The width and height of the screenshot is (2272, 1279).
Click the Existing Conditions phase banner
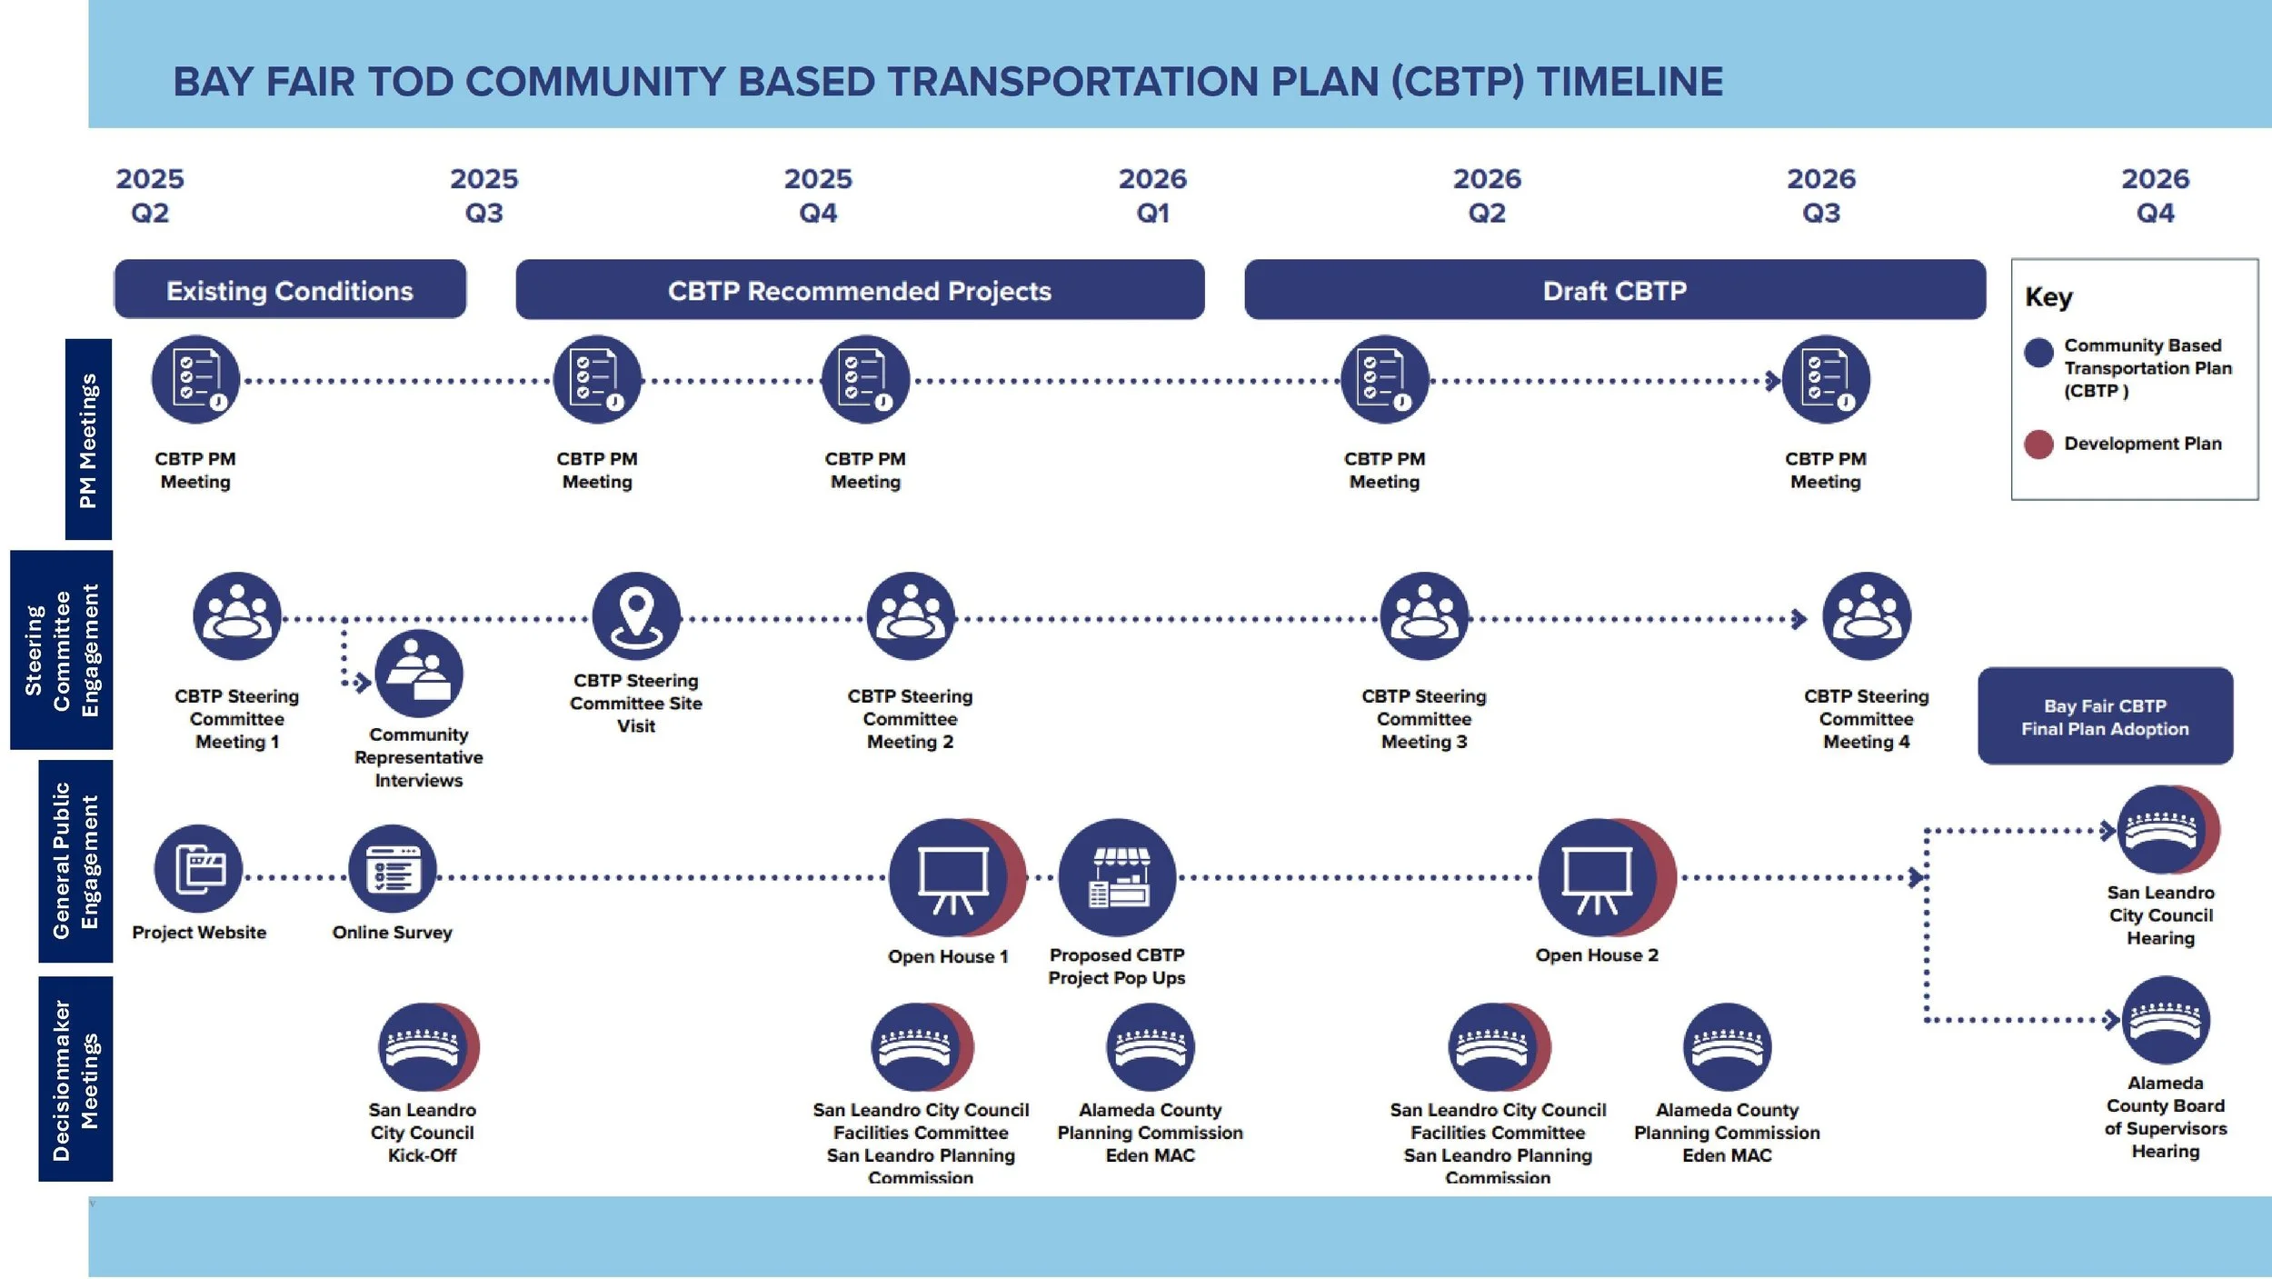coord(290,290)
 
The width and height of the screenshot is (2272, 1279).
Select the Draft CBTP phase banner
coord(1614,290)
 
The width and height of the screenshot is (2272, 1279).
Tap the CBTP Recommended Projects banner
coord(859,290)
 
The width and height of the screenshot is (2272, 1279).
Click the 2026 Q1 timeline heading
coord(1152,195)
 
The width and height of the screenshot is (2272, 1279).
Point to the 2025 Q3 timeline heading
coord(483,195)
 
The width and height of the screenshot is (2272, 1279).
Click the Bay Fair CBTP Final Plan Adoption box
coord(2105,717)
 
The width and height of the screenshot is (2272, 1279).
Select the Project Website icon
coord(198,869)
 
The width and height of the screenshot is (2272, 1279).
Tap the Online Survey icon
coord(393,869)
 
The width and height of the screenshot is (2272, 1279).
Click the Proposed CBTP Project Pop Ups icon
coord(1117,877)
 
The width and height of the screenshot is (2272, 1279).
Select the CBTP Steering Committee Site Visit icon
coord(636,616)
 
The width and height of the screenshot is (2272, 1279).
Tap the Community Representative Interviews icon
coord(419,674)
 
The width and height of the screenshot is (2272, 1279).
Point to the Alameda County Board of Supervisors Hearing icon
coord(2166,1020)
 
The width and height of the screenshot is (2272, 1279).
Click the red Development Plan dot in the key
coord(2038,444)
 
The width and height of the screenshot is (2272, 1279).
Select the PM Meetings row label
coord(88,440)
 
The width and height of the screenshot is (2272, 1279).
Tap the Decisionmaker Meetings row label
coord(75,1079)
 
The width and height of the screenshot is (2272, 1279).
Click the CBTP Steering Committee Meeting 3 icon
coord(1424,616)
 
